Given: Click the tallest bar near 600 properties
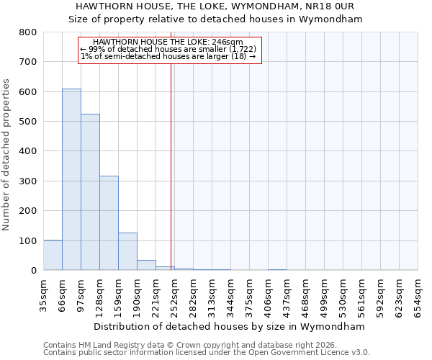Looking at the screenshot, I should pos(71,179).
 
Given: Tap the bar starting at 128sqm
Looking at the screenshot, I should pos(109,223).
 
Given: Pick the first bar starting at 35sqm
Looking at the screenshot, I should pos(53,255).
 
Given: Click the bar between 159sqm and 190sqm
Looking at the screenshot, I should pos(127,251).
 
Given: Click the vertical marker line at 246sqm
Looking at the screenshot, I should pos(171,166).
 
